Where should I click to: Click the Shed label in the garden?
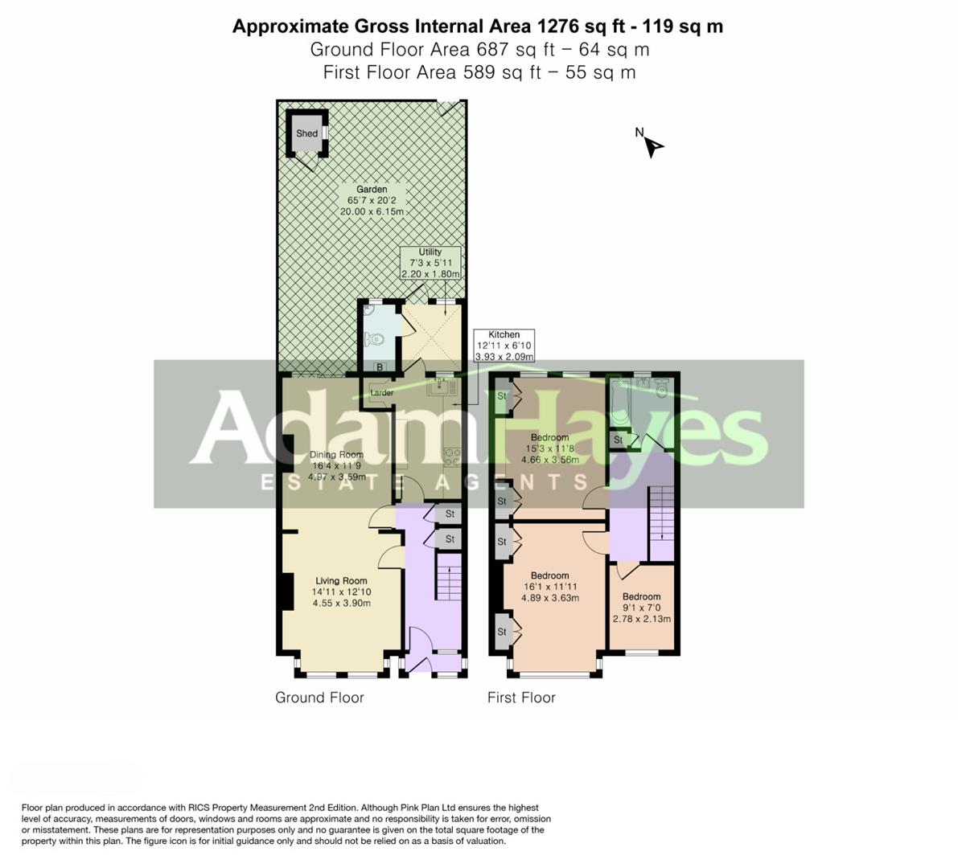tap(306, 133)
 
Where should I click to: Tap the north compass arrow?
tap(653, 146)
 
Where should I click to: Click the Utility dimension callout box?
tap(430, 263)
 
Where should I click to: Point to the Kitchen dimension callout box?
tap(504, 346)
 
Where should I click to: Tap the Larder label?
tap(381, 393)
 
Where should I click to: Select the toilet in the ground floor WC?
tap(375, 340)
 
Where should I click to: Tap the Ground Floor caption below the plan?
tap(319, 698)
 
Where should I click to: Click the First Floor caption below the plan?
tap(521, 698)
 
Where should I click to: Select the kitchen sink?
tap(440, 388)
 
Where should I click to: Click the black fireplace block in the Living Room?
tap(285, 593)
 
